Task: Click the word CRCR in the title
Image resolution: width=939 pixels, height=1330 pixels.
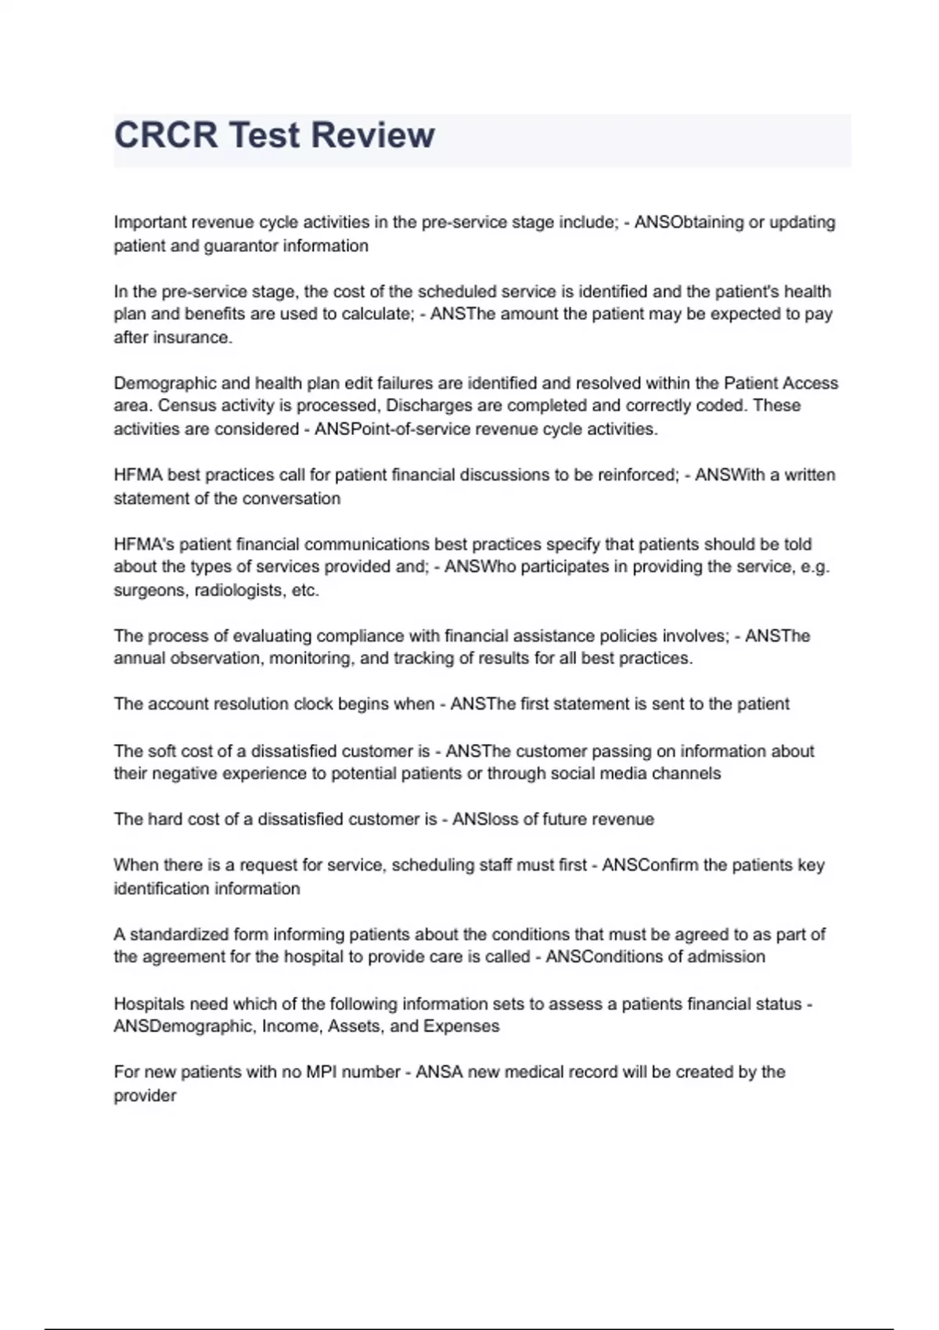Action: pyautogui.click(x=165, y=135)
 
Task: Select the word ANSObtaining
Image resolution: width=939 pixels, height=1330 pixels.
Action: pyautogui.click(x=689, y=222)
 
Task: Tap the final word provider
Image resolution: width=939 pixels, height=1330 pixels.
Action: pyautogui.click(x=145, y=1095)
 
